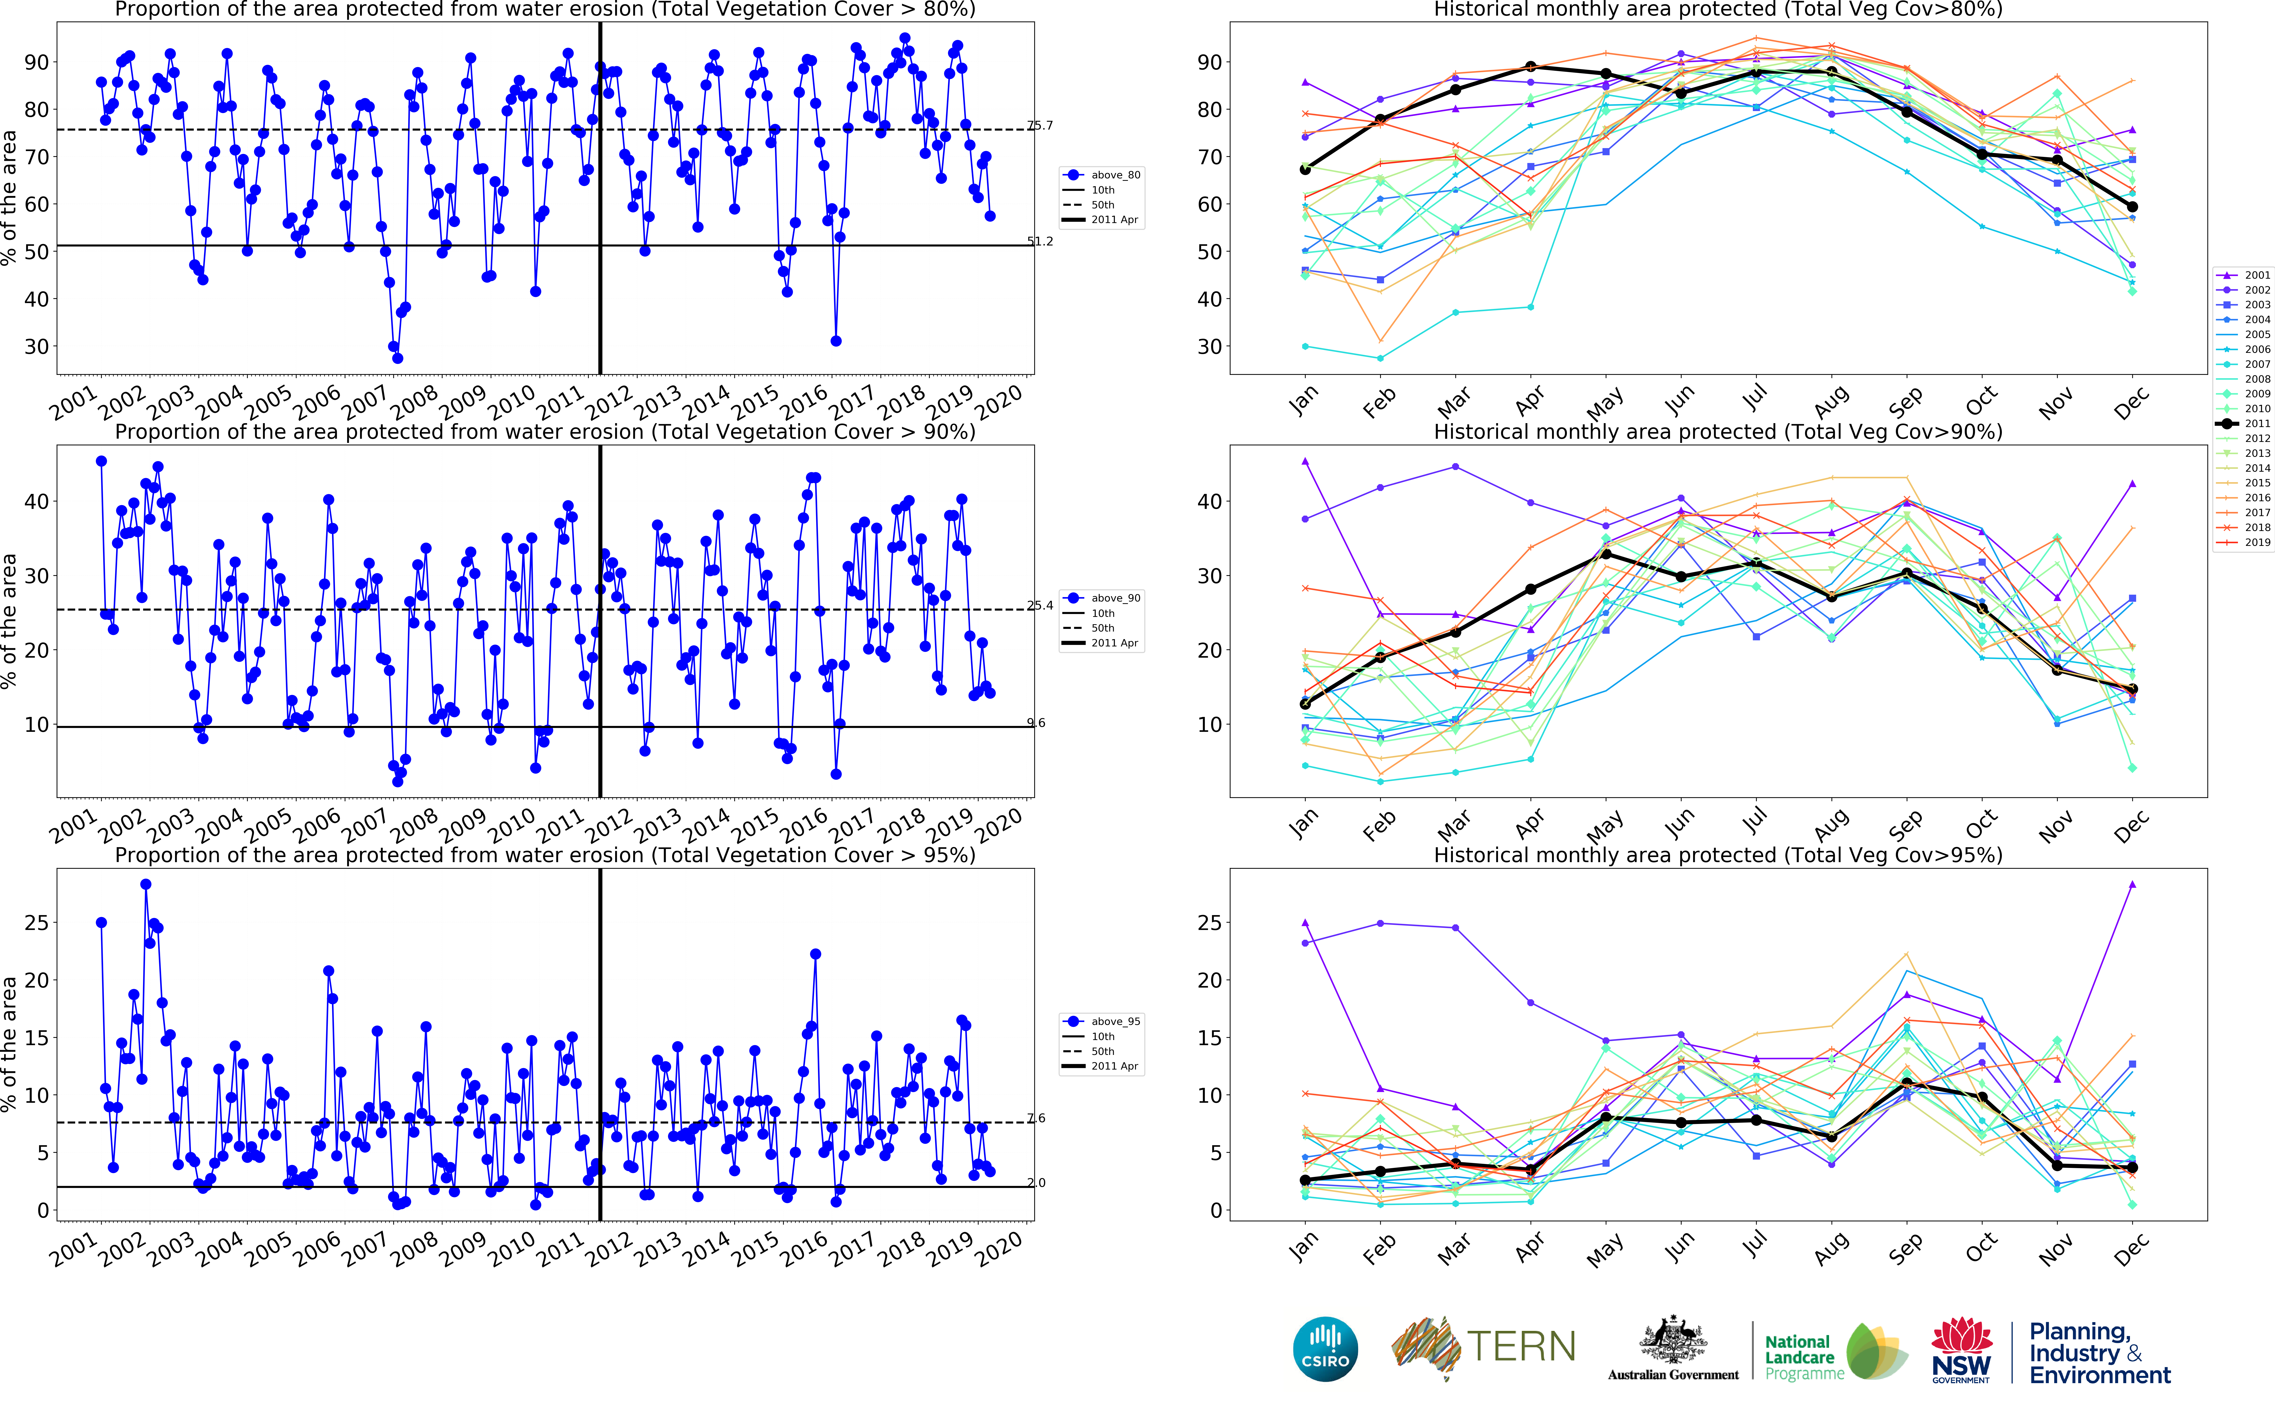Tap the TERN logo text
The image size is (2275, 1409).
coord(1521,1347)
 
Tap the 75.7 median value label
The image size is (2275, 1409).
coord(1040,125)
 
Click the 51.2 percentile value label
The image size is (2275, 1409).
coord(1040,241)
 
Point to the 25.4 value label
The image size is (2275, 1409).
coord(1040,605)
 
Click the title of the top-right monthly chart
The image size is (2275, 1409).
coord(1718,9)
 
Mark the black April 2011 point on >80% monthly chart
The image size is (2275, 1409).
coord(1530,67)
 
